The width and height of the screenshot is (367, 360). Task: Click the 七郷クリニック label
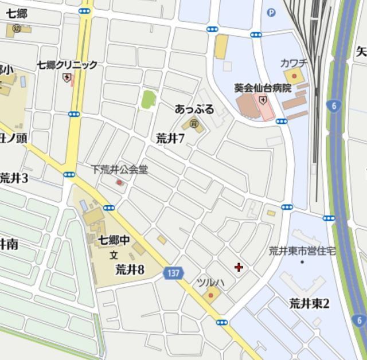point(67,65)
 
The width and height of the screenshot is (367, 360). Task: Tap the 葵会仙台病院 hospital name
point(263,88)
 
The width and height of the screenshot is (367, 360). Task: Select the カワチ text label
point(294,62)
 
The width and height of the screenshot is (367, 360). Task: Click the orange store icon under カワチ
point(295,75)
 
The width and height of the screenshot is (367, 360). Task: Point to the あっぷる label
point(194,109)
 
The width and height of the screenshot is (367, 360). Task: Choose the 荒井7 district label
point(170,138)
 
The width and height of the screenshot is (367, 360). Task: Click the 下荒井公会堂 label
point(119,170)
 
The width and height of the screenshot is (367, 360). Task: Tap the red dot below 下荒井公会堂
point(119,182)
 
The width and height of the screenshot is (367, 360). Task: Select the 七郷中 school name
point(114,240)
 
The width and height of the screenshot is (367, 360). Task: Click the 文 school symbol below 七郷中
point(114,255)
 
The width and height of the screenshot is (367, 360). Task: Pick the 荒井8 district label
point(130,269)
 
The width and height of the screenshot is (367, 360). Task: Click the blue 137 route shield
point(173,273)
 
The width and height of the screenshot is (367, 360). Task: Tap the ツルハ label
point(210,283)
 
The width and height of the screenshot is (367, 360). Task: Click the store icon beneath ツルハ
point(210,296)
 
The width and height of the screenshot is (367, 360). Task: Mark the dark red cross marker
point(239,267)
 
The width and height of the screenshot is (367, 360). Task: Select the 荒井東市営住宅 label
point(303,251)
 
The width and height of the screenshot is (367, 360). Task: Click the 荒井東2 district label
point(309,303)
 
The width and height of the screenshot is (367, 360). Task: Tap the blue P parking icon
point(271,12)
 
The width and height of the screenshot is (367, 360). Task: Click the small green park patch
point(149,99)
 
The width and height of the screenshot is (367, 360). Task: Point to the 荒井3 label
point(14,178)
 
